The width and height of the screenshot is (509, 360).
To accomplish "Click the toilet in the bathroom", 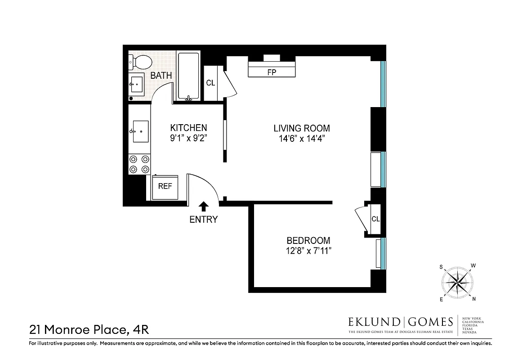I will click(x=140, y=62).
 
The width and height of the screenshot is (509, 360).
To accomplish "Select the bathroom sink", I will click(x=137, y=84).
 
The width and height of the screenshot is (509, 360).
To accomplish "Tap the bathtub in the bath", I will click(x=188, y=76).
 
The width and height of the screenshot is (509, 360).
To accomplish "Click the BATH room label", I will click(x=161, y=76).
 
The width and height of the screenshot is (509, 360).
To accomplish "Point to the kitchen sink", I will click(x=140, y=131).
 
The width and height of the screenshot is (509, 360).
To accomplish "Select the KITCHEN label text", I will click(x=188, y=128).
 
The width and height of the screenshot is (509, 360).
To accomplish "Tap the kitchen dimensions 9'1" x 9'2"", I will click(x=188, y=139).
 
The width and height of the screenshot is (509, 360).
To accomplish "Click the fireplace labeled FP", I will click(x=272, y=72).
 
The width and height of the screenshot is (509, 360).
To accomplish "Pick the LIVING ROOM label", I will click(x=302, y=128).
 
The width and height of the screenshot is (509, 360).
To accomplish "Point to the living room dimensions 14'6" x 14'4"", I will click(x=302, y=139).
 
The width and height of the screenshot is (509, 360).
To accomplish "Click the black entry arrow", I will click(x=204, y=206).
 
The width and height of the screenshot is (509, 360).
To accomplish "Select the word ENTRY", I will click(x=203, y=220).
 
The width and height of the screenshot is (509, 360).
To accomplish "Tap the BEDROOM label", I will click(x=308, y=241).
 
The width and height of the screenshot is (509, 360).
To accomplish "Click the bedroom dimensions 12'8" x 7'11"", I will click(x=308, y=251).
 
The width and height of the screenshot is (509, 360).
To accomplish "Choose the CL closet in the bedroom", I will click(x=375, y=219).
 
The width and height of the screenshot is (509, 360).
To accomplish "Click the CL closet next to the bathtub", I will click(x=210, y=83).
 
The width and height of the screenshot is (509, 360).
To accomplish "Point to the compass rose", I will click(x=458, y=283).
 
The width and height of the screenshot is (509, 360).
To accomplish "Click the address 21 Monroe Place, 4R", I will click(x=89, y=330).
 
